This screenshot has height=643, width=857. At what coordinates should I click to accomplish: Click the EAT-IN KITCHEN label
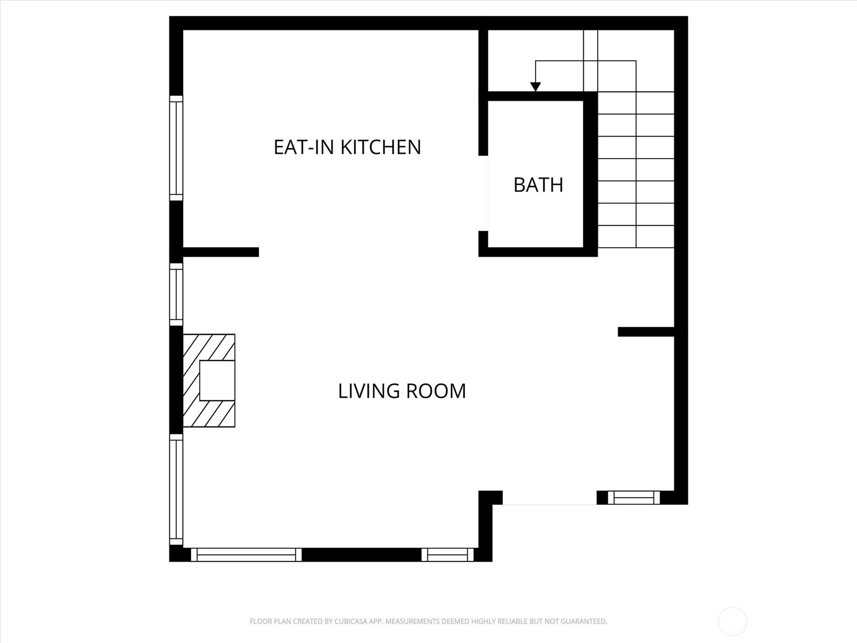(347, 147)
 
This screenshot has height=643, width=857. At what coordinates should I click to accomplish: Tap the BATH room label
(538, 185)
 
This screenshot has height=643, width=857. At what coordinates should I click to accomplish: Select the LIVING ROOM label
(402, 391)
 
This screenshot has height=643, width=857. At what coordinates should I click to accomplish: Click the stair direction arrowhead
(535, 87)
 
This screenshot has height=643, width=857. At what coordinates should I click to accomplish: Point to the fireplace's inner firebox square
(217, 380)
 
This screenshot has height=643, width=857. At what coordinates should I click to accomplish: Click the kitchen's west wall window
(176, 148)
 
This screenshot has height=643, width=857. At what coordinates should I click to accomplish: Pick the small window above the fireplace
(176, 294)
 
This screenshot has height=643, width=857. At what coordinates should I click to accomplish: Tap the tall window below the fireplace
(176, 490)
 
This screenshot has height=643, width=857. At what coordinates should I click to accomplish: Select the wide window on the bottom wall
(246, 555)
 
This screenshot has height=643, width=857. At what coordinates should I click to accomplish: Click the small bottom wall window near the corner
(448, 555)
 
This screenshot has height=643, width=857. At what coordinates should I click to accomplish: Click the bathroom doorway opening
(483, 193)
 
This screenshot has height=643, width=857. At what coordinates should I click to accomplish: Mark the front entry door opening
(550, 498)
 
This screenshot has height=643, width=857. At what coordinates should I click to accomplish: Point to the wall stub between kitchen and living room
(221, 252)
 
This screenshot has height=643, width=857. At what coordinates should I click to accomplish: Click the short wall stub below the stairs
(645, 332)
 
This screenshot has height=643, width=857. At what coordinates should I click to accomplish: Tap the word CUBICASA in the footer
(354, 622)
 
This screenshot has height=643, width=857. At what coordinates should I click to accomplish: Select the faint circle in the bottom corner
(732, 622)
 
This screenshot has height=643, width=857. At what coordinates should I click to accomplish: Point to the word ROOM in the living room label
(435, 391)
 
